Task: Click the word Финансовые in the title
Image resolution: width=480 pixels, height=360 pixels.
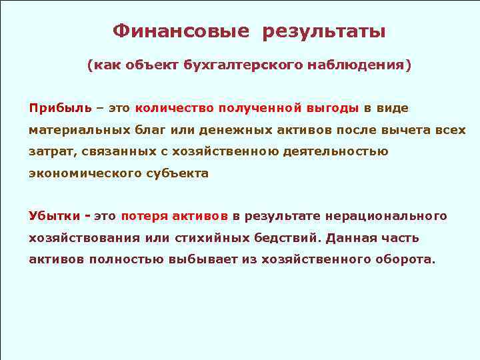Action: pyautogui.click(x=181, y=31)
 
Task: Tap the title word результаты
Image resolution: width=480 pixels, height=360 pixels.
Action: pyautogui.click(x=324, y=31)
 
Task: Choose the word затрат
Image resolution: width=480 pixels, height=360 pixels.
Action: pyautogui.click(x=52, y=151)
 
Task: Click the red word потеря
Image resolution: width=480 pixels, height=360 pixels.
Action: pyautogui.click(x=143, y=216)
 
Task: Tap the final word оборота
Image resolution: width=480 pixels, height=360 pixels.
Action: pyautogui.click(x=403, y=260)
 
